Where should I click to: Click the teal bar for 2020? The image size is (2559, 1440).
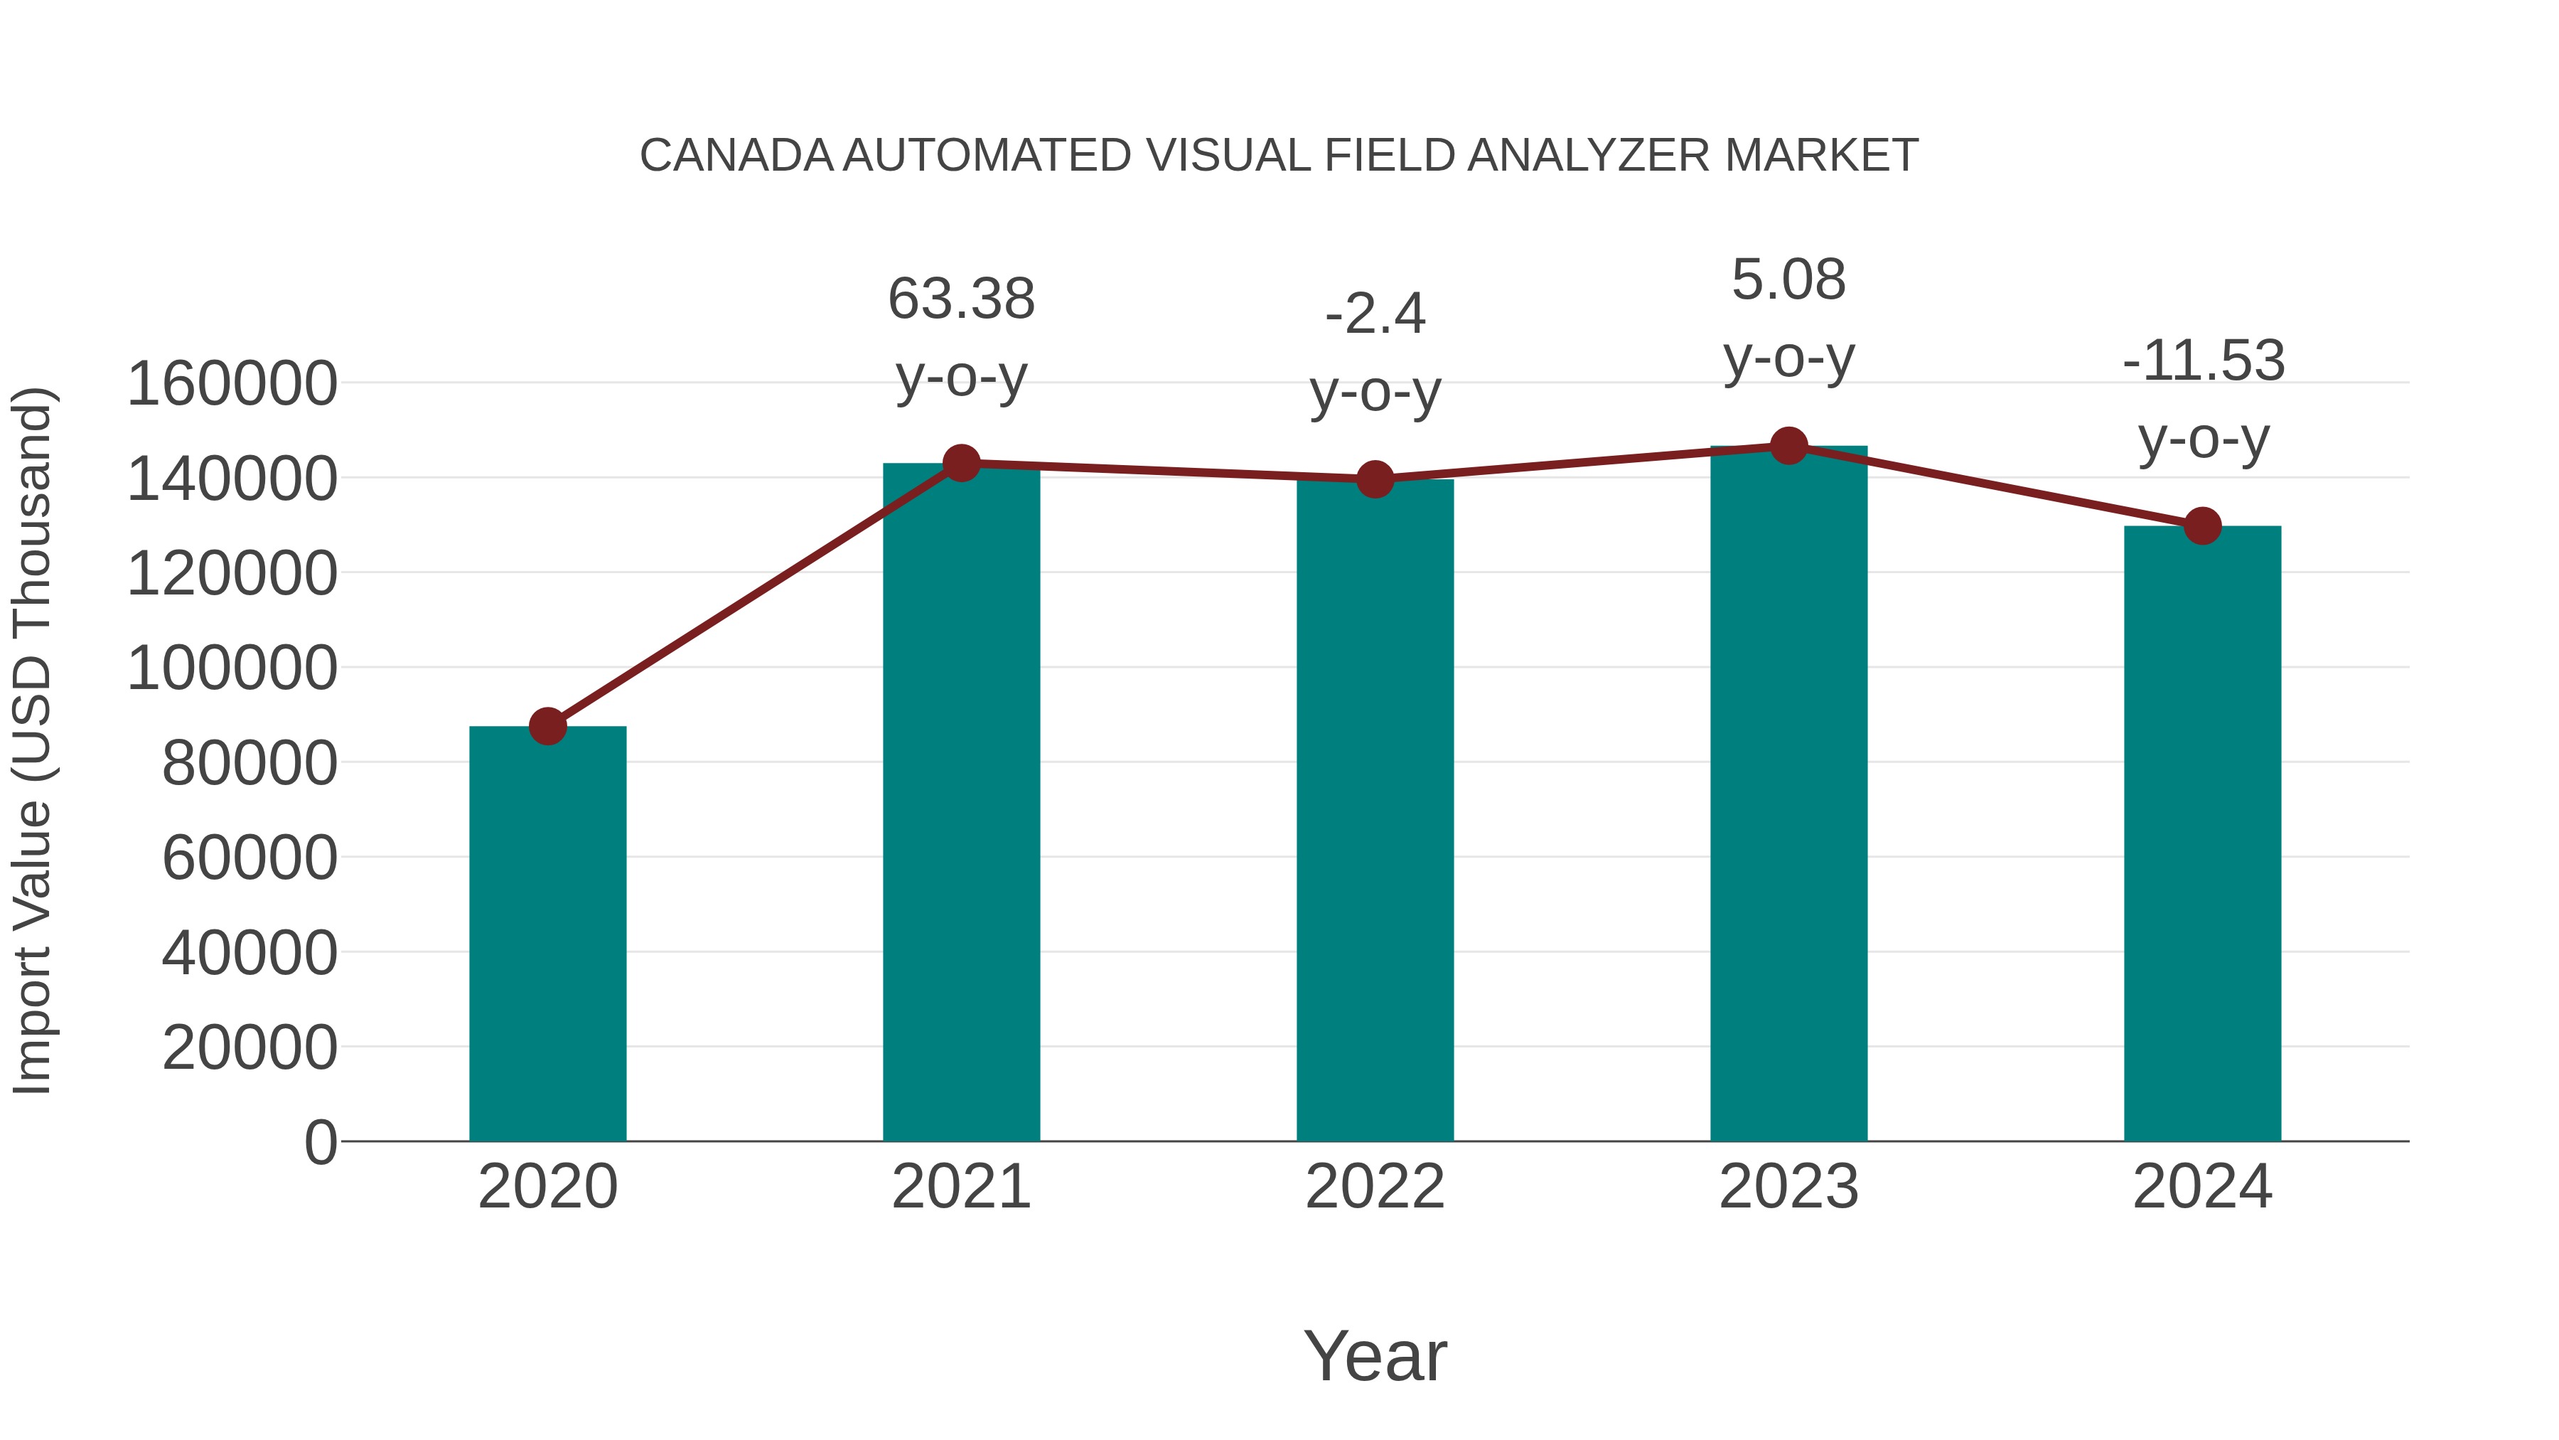tap(547, 934)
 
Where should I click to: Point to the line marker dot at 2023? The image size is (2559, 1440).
tap(1788, 446)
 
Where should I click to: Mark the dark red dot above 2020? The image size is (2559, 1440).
tap(547, 727)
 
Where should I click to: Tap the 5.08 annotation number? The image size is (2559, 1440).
tap(1788, 280)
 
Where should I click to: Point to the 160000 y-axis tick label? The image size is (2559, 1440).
tap(232, 385)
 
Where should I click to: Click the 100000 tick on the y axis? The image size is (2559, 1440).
tap(232, 669)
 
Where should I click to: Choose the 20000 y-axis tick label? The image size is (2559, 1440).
tap(250, 1048)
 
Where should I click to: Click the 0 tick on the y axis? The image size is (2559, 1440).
tap(320, 1143)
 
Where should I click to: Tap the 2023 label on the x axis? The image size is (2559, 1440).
tap(1788, 1188)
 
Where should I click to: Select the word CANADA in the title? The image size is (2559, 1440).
tap(736, 156)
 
